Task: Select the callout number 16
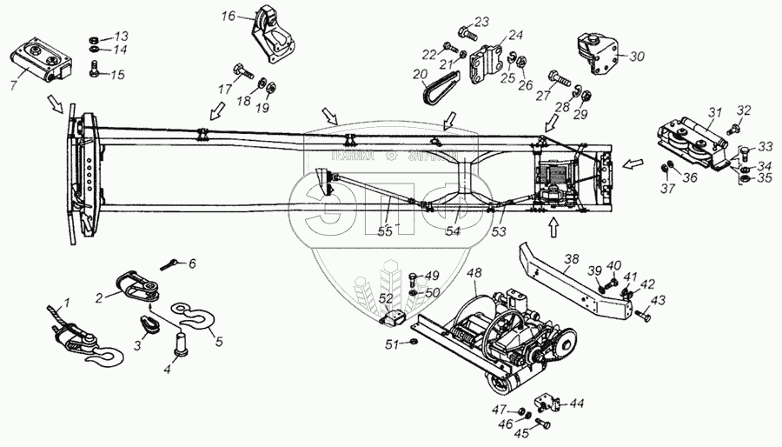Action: [x=229, y=16]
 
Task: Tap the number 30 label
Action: [x=637, y=57]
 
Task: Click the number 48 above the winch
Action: [x=474, y=271]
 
